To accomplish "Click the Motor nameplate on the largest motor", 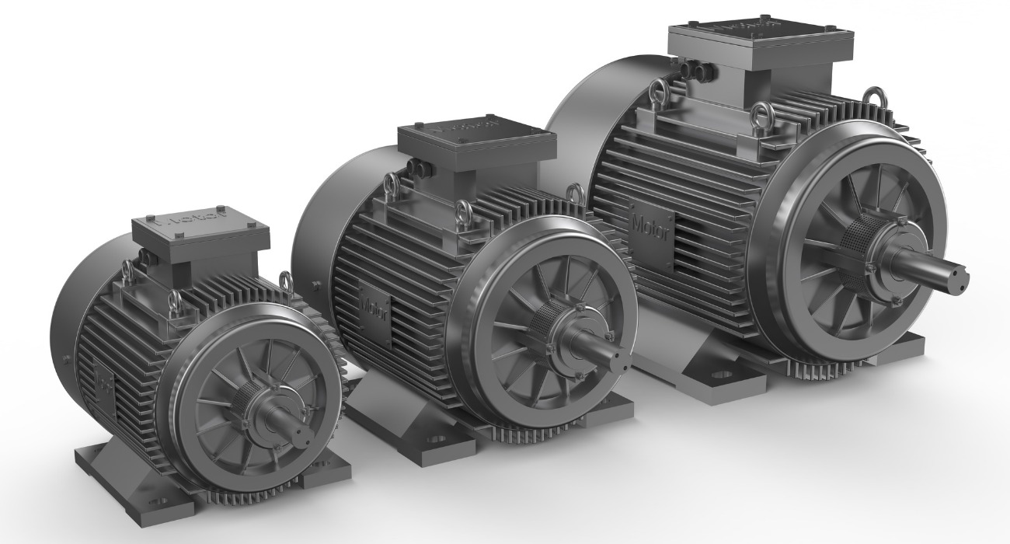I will (x=649, y=229).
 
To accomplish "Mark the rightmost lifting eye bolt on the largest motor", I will (x=874, y=98).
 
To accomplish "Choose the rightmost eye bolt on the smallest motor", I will (x=284, y=284).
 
